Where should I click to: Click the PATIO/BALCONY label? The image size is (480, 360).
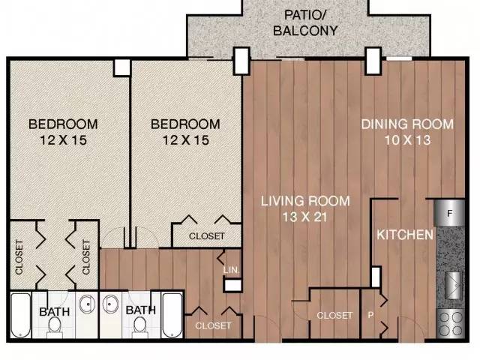point(305,22)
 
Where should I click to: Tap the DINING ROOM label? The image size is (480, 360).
point(407,124)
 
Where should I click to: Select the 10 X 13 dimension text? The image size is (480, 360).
point(407,140)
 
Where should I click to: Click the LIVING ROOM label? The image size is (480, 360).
point(305,201)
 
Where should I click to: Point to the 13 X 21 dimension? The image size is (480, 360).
point(305,217)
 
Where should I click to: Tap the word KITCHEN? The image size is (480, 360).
point(405,235)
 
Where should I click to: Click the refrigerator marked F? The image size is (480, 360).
point(449,213)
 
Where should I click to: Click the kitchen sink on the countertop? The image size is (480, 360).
point(454,286)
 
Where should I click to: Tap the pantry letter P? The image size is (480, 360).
point(370,315)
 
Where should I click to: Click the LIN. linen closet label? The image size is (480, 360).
point(231,270)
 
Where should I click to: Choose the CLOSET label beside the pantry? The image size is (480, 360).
point(334,315)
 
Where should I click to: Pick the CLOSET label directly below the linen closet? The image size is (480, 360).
point(213,325)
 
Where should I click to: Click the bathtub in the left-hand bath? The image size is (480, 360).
point(20,315)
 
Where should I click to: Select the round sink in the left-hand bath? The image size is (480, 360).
point(87,304)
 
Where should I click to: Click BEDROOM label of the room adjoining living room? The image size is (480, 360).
point(185,124)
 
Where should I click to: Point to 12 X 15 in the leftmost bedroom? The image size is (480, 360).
point(63,140)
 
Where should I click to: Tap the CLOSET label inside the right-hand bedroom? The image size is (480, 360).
point(207,236)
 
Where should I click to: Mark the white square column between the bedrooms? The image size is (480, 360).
point(122,67)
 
